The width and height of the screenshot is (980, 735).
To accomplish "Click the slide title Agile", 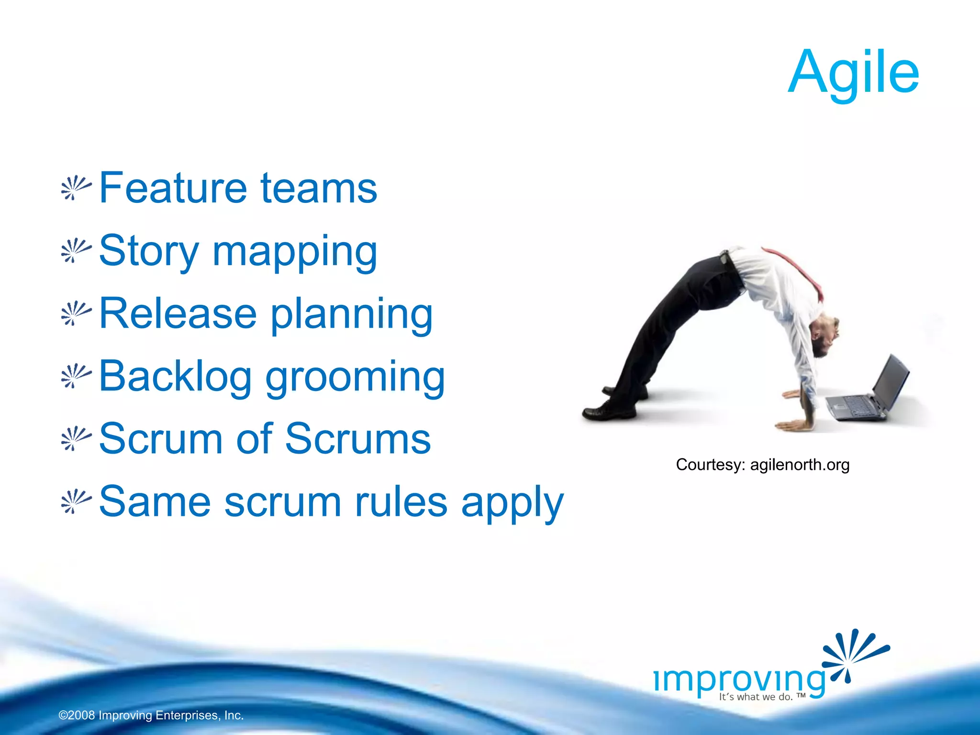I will [x=853, y=73].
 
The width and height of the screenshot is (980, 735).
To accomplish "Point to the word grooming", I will [x=355, y=378].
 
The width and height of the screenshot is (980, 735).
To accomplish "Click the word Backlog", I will [x=175, y=377].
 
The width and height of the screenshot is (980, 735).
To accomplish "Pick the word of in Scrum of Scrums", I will [x=254, y=439].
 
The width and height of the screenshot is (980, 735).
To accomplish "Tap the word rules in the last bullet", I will [x=401, y=502].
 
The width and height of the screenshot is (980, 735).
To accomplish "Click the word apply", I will [x=512, y=504].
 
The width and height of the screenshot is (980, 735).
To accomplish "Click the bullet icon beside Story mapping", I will [x=76, y=251].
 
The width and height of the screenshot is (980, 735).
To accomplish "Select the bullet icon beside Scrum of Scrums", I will [x=76, y=439].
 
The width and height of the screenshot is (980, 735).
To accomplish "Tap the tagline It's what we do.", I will [x=761, y=697].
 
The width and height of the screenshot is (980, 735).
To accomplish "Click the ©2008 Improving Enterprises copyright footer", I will [x=151, y=715].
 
